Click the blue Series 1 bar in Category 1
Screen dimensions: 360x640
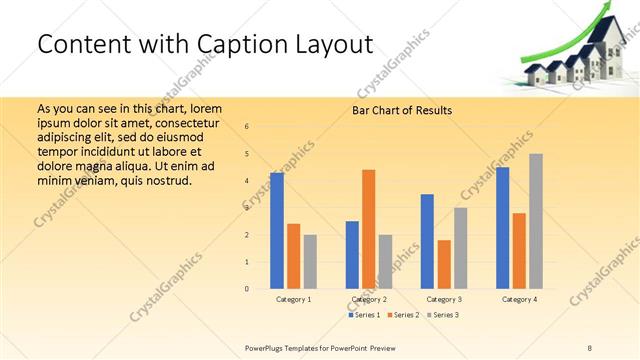tap(277, 231)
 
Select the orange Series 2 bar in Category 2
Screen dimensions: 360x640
tap(369, 229)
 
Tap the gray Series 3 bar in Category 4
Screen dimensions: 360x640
tap(536, 221)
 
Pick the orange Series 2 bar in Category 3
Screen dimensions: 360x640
tap(444, 264)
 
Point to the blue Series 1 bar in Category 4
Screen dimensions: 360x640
tap(503, 228)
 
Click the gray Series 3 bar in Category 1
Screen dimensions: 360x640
tap(310, 262)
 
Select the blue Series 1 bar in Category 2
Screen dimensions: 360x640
tap(352, 255)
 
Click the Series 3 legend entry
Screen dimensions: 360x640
tap(444, 315)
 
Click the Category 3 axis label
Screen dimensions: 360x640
tap(444, 299)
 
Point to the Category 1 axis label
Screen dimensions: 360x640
tap(293, 299)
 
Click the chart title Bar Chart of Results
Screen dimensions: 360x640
tap(402, 110)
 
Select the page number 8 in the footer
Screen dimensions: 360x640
tap(590, 346)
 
